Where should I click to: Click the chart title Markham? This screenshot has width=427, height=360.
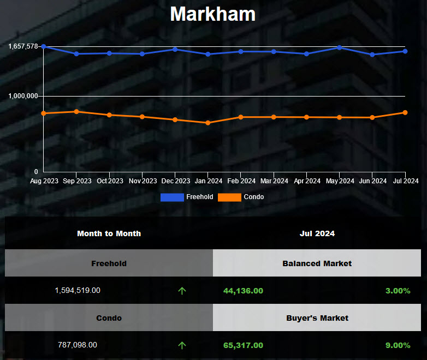[212, 14]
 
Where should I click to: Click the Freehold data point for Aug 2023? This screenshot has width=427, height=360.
[44, 47]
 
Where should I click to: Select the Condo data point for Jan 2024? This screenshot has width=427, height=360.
[208, 123]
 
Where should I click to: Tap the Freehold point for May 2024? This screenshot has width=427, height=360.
[340, 47]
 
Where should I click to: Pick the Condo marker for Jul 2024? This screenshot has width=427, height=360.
[405, 112]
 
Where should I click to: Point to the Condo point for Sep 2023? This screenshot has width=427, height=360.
[76, 111]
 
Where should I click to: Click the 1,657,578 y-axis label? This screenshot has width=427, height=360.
[23, 46]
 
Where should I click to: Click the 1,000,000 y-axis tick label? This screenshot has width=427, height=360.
[23, 96]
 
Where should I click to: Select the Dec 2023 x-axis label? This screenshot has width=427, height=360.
[176, 181]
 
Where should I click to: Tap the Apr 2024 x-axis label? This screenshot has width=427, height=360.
[306, 181]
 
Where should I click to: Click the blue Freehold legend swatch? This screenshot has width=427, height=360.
[172, 197]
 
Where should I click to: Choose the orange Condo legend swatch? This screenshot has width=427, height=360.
[229, 197]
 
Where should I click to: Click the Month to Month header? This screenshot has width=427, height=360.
[109, 233]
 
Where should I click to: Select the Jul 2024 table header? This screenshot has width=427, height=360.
[317, 233]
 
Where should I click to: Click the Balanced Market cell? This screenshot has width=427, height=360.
[317, 263]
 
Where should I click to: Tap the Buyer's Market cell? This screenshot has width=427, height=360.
[317, 317]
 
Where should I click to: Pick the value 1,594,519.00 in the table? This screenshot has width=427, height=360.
[78, 291]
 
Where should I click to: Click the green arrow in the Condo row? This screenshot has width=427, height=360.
[182, 345]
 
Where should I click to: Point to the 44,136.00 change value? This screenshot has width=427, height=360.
[243, 291]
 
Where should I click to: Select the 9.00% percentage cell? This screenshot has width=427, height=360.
[398, 345]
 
